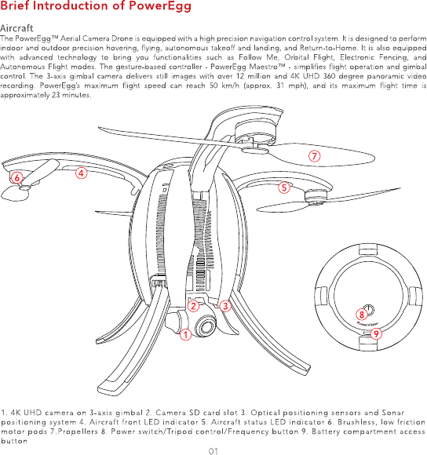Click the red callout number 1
pyautogui.click(x=185, y=334)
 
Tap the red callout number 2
pyautogui.click(x=193, y=306)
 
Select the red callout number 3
pyautogui.click(x=225, y=306)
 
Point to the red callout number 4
pyautogui.click(x=82, y=173)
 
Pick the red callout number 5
pyautogui.click(x=284, y=187)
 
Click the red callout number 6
pyautogui.click(x=16, y=177)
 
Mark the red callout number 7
pyautogui.click(x=315, y=156)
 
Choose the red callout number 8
pyautogui.click(x=362, y=315)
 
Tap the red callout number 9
pyautogui.click(x=376, y=333)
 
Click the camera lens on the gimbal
pyautogui.click(x=206, y=326)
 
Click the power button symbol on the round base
pyautogui.click(x=369, y=310)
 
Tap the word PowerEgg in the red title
pyautogui.click(x=160, y=6)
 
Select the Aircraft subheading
pyautogui.click(x=16, y=28)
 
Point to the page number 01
pyautogui.click(x=213, y=451)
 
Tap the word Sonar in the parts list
pyautogui.click(x=393, y=413)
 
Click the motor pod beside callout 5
pyautogui.click(x=316, y=196)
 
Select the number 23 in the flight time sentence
pyautogui.click(x=56, y=95)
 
